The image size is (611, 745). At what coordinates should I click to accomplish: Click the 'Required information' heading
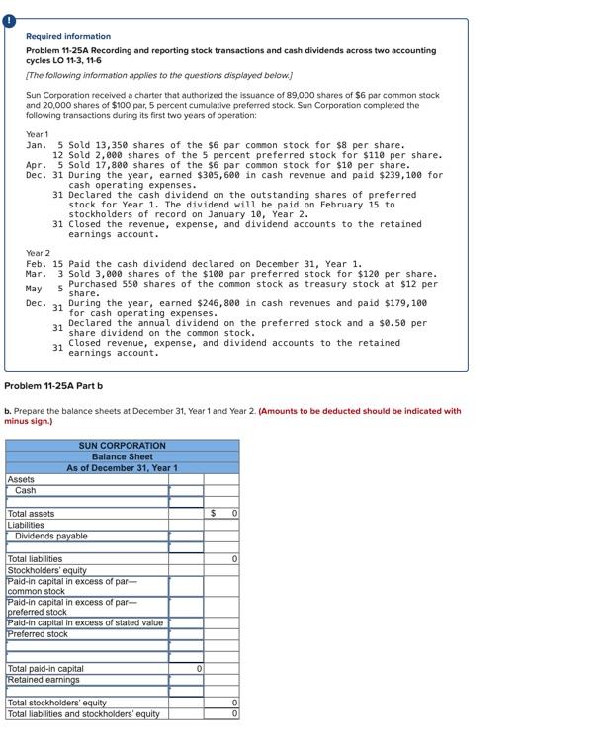tap(68, 36)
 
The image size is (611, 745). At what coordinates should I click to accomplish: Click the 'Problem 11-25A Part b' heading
tap(53, 385)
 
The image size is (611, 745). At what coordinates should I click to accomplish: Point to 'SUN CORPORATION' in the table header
tap(123, 446)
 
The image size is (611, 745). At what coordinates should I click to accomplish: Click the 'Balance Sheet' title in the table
tap(123, 456)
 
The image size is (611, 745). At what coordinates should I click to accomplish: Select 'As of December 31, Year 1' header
tap(123, 467)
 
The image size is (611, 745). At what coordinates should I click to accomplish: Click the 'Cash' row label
tap(26, 490)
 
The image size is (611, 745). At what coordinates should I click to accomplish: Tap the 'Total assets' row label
tap(32, 514)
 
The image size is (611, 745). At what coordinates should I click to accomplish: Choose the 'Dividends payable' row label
tap(51, 536)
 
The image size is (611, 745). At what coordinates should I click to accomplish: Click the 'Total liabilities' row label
tap(36, 559)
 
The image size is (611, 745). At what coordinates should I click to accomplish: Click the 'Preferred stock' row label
tap(38, 633)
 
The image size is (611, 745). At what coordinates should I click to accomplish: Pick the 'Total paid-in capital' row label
tap(45, 669)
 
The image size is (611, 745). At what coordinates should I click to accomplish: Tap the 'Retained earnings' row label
tap(44, 680)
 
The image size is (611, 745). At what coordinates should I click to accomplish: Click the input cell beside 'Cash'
tap(186, 490)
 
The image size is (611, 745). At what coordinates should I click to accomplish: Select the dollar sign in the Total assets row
tap(215, 514)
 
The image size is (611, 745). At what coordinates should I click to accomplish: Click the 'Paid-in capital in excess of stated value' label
tap(85, 622)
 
